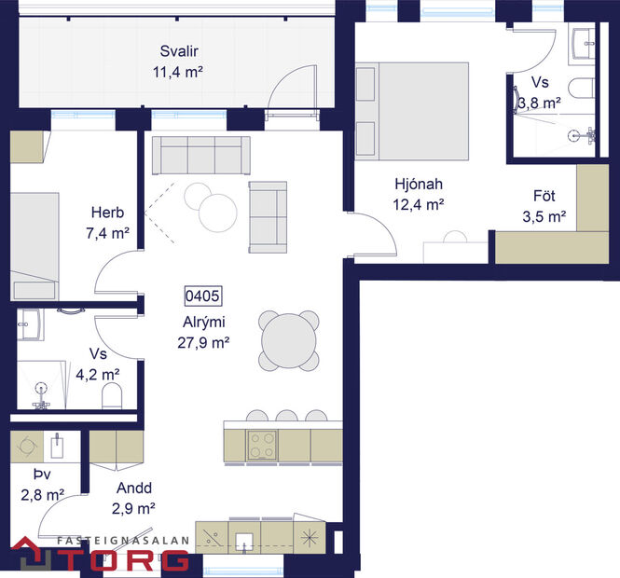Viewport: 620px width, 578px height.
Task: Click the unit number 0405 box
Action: tap(201, 298)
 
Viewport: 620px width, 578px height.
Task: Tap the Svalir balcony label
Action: tap(179, 52)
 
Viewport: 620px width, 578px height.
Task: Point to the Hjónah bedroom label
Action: tap(418, 185)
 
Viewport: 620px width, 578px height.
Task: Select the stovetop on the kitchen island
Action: tap(262, 445)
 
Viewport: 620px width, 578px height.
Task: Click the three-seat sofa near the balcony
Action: tap(200, 155)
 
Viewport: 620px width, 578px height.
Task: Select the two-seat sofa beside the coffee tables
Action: tap(268, 215)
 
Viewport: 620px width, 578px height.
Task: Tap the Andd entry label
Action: tap(134, 488)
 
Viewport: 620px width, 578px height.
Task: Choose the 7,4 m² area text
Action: tap(107, 233)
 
